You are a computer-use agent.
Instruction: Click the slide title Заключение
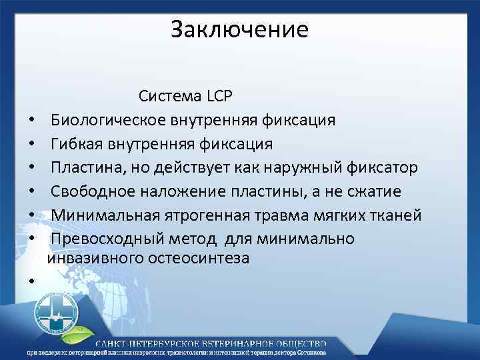(239, 30)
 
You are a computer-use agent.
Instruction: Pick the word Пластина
(87, 167)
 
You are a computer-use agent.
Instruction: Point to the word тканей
(395, 215)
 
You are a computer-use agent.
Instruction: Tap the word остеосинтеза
(203, 258)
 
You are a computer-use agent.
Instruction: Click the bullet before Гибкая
(31, 145)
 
